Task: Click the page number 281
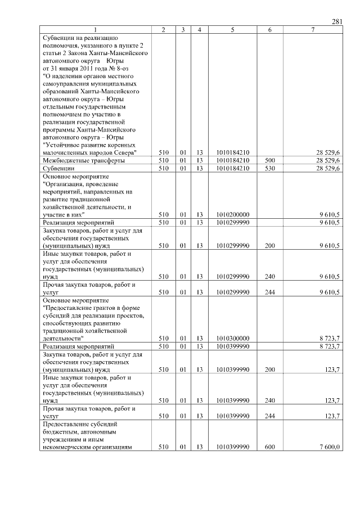337,22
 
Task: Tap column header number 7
312,30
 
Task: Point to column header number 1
95,30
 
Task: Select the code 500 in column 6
269,160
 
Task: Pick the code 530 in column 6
269,168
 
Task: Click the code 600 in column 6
269,447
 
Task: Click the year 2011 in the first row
80,68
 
